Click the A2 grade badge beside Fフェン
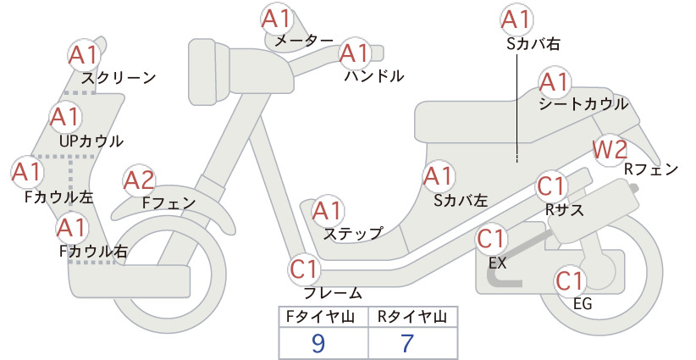139,181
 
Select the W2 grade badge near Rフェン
610,150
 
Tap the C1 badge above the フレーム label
305,269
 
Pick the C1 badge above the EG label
570,281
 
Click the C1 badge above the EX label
491,239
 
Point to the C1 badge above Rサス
551,187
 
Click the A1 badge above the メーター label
276,19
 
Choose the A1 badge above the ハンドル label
354,53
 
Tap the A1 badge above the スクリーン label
84,56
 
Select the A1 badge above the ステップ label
327,211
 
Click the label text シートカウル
583,104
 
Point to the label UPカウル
91,141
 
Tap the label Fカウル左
59,197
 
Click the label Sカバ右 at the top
533,43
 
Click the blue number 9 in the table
318,343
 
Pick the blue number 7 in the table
407,343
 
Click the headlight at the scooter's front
209,72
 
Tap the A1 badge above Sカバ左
438,177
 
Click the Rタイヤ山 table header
412,317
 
